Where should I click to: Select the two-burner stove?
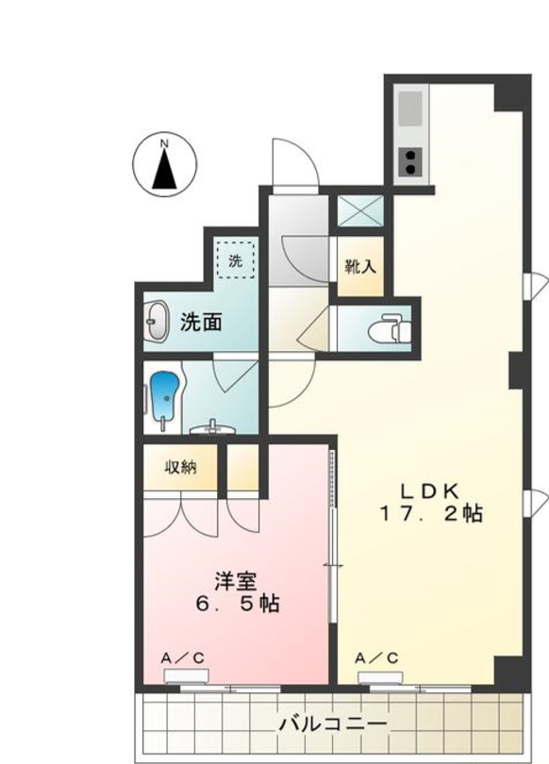[412, 161]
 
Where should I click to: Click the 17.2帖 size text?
[432, 514]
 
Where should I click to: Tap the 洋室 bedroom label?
[229, 581]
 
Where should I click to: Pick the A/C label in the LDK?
[375, 657]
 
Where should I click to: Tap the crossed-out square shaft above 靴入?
[359, 210]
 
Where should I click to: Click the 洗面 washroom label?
[202, 322]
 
